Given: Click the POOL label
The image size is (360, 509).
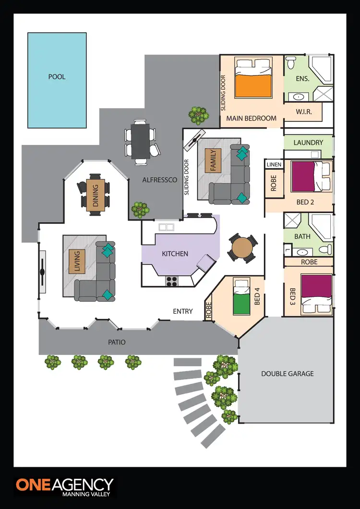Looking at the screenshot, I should pos(57,77).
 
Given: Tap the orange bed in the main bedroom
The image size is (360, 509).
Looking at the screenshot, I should pos(254,84).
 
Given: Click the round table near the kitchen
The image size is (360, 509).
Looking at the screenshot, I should pos(242,248).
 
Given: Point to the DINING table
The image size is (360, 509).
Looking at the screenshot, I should pos(95,195).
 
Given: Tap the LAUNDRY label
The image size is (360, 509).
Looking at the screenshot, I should pos(308,142).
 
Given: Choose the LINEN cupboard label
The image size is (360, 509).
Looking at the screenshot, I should pos(273,165).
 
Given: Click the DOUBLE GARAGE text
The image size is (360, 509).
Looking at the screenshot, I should pos(288,373).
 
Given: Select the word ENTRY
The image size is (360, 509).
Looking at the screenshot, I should pos(183,311).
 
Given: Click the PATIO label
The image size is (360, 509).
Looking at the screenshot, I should pos(117,342).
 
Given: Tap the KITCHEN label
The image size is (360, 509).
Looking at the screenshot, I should pos(175,253).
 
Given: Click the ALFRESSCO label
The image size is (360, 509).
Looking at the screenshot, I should pos(160,180).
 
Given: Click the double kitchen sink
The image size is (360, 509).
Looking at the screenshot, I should pos(167,227).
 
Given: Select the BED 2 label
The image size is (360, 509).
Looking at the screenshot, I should pos(305,202).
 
